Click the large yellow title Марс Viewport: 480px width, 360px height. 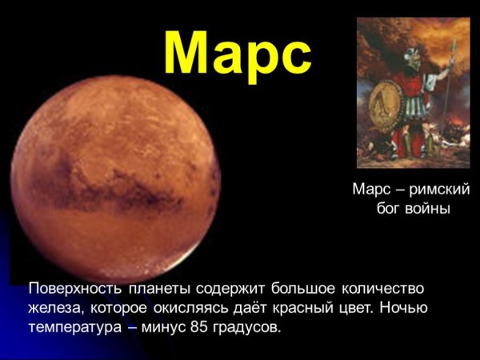[x=238, y=52]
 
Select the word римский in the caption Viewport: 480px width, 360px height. [x=439, y=190]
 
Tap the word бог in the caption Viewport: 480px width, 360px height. [x=390, y=209]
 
